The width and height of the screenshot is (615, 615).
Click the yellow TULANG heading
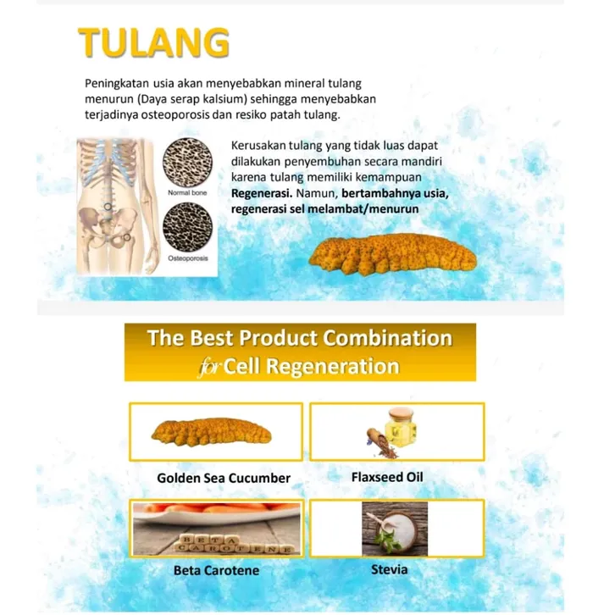154,42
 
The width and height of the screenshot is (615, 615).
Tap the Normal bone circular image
187,163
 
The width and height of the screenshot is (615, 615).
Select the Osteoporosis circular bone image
187,228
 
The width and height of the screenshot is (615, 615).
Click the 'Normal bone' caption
187,193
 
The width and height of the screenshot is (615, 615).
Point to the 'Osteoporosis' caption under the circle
188,258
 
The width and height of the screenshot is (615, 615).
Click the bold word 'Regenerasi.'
262,194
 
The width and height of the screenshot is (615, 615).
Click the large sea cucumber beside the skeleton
392,254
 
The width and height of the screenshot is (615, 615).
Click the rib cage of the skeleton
108,164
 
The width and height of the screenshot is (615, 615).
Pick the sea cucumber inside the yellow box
212,432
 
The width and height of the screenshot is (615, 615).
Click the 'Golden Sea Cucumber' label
224,478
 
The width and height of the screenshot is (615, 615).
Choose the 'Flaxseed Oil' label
387,477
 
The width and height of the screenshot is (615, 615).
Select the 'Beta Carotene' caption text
217,570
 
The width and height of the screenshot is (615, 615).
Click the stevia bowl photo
395,529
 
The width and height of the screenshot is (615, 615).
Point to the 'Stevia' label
390,569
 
